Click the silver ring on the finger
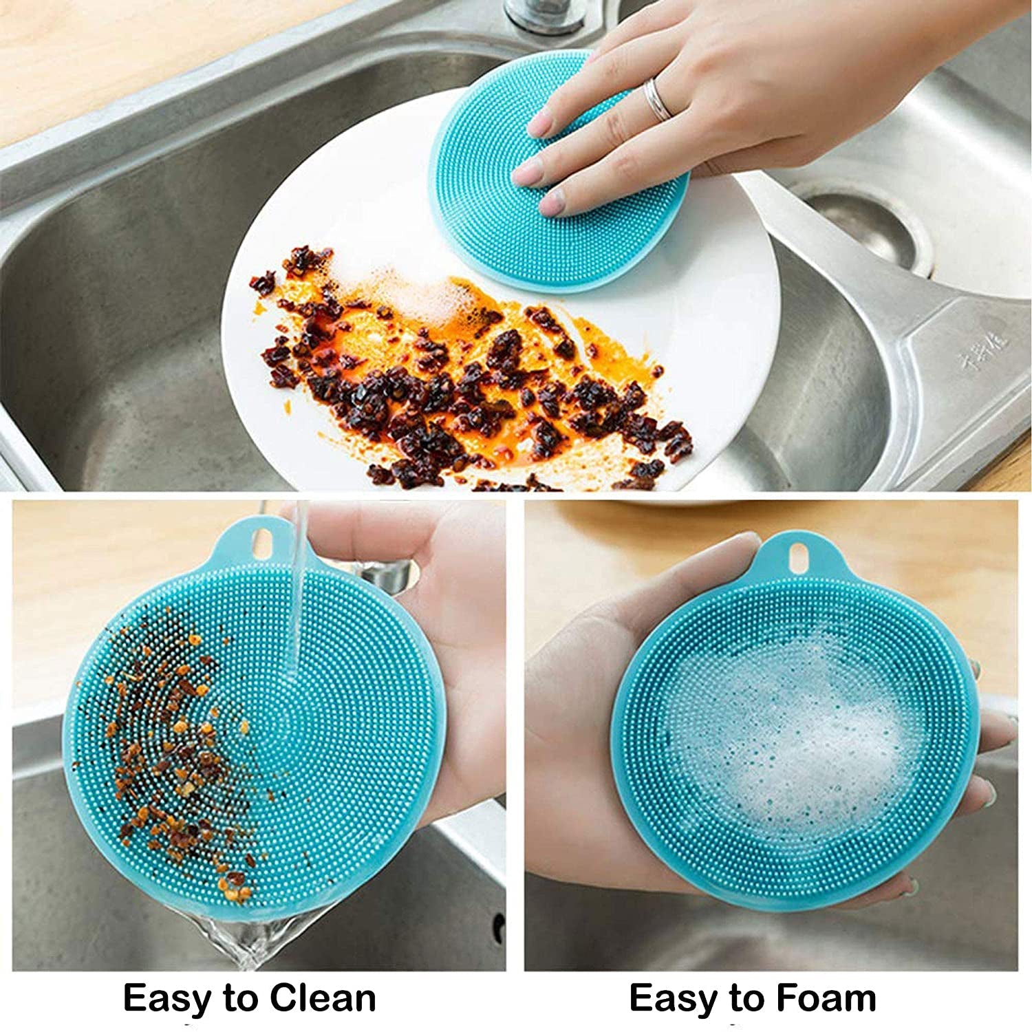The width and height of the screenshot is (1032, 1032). pyautogui.click(x=657, y=100)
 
